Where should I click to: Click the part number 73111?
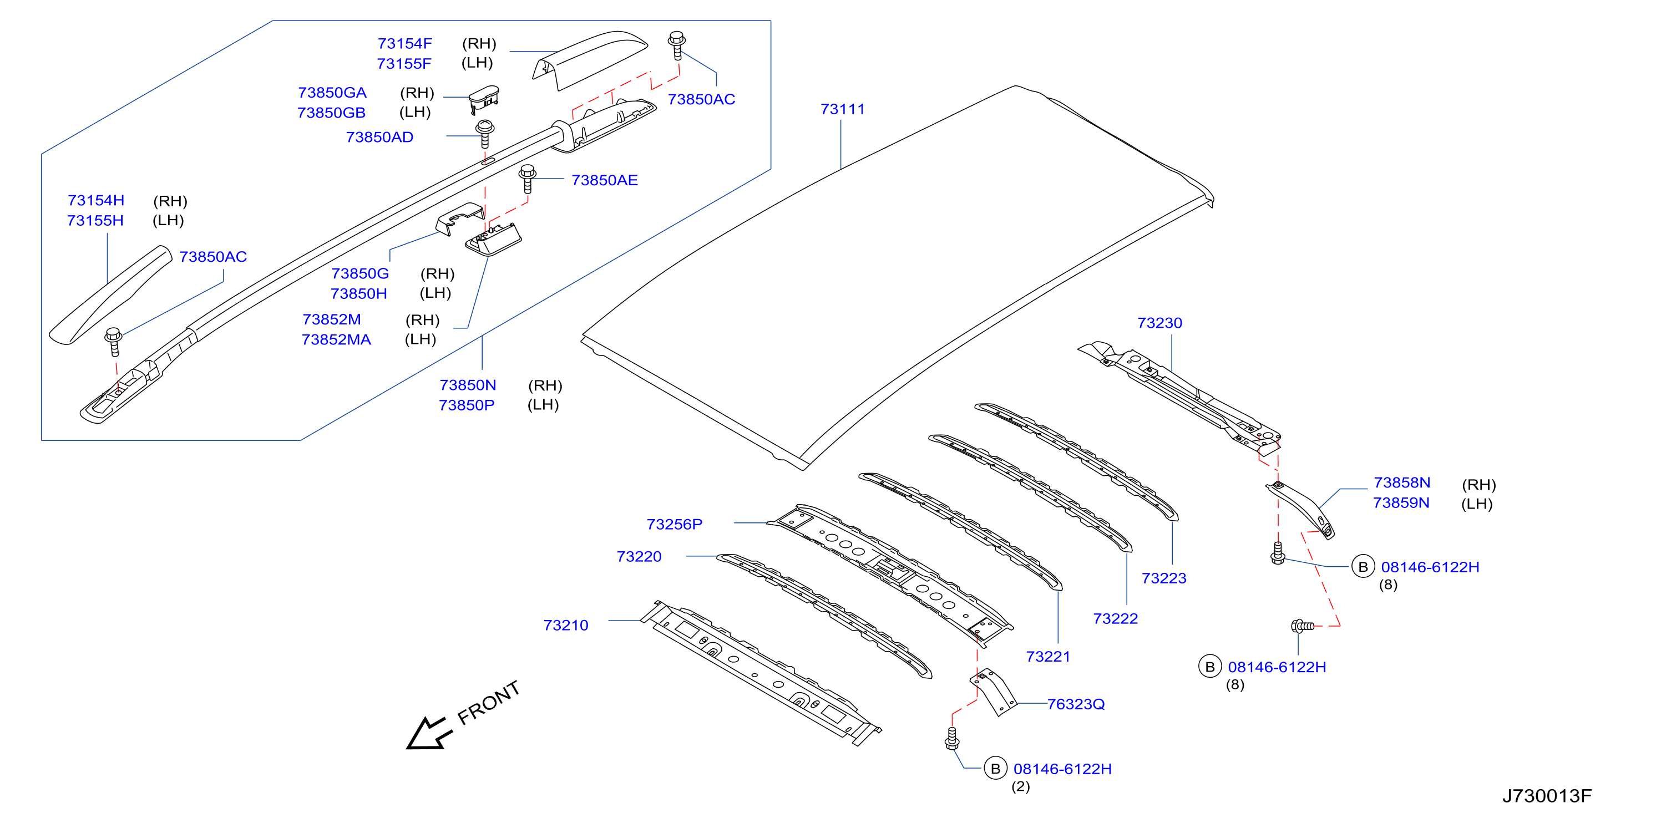(x=842, y=109)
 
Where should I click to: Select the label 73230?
(x=1159, y=323)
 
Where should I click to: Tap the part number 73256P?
(x=675, y=524)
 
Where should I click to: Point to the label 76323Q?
(x=1076, y=704)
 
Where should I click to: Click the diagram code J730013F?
(x=1547, y=796)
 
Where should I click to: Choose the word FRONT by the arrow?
(x=489, y=702)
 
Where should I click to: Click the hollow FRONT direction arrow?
(x=429, y=734)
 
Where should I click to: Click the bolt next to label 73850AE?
(x=528, y=179)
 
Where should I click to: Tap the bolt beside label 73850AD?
(x=485, y=134)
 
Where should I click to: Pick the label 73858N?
(x=1401, y=482)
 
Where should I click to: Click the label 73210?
(x=566, y=625)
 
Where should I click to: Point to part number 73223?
(x=1163, y=578)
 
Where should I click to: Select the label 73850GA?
(x=332, y=93)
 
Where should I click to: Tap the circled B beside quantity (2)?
(x=995, y=769)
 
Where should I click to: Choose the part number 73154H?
(x=96, y=200)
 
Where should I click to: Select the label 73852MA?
(x=336, y=339)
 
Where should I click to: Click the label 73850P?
(x=467, y=405)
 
